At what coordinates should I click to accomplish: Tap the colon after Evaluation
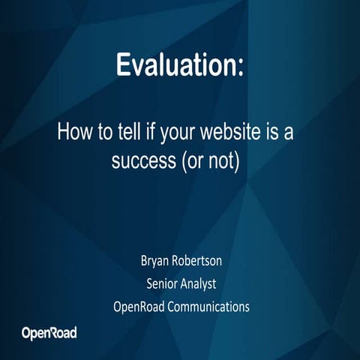click(240, 66)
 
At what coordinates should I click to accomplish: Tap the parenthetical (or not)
click(214, 160)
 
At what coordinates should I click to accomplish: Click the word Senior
click(162, 284)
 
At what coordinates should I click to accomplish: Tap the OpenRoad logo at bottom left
click(49, 332)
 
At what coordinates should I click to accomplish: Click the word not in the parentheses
click(226, 160)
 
